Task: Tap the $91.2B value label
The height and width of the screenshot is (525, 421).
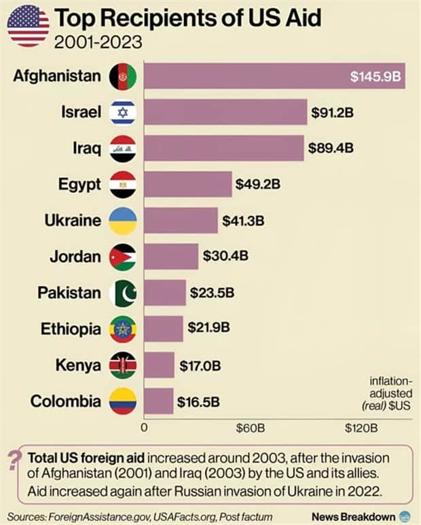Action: pos(332,112)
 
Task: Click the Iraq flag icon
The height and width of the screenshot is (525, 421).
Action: pos(123,148)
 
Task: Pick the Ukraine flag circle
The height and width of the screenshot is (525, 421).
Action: pos(123,221)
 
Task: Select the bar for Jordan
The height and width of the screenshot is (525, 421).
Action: pos(171,256)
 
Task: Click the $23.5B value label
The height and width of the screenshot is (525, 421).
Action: pos(212,292)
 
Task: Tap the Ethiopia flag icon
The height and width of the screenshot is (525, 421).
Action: pos(123,329)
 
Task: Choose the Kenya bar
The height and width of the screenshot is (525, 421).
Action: pos(159,365)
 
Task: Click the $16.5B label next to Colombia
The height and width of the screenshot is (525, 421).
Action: pos(199,401)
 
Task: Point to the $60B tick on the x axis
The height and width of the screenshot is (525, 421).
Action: pos(250,429)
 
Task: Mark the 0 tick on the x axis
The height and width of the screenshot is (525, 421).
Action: pos(144,429)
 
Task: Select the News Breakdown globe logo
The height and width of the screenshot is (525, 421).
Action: pos(405,515)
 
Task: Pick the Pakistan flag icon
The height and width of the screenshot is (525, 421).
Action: pos(123,293)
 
